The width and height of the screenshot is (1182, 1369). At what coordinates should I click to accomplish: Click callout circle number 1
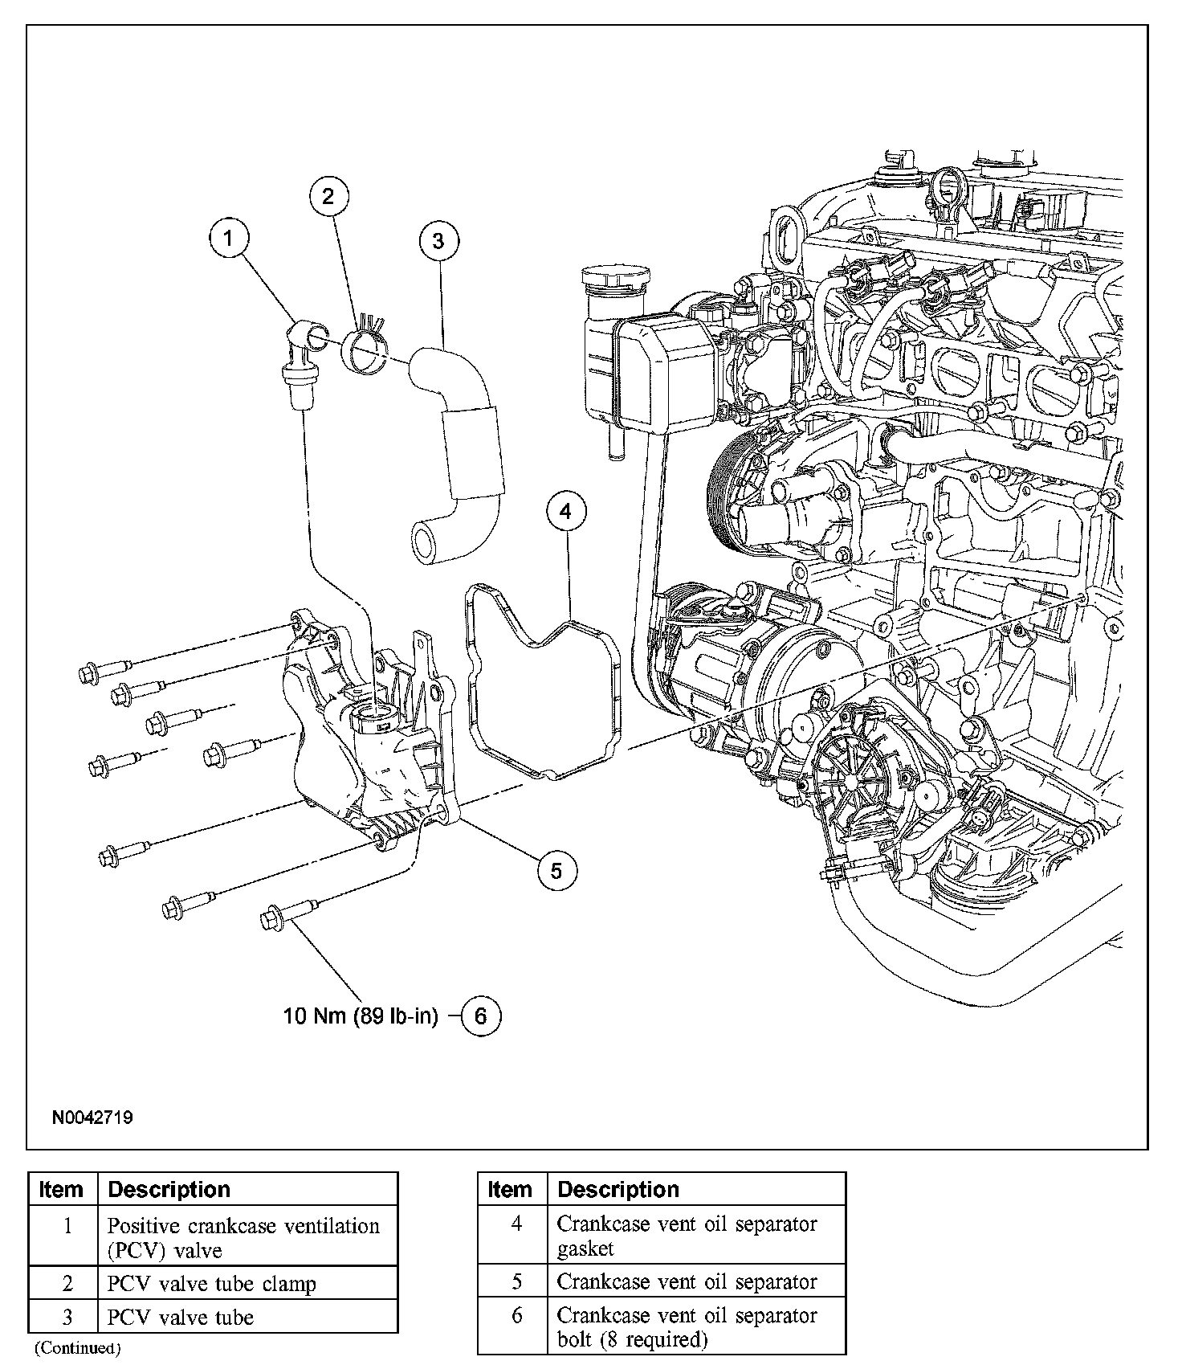pos(230,238)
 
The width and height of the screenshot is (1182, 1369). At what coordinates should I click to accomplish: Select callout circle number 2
pos(328,196)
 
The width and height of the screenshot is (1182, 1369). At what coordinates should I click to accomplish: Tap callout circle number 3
pos(438,241)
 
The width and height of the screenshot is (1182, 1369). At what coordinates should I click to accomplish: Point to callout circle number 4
pos(566,511)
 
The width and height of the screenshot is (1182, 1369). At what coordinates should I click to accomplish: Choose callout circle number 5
pos(556,869)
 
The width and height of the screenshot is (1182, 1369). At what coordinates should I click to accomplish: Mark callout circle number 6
pos(480,1016)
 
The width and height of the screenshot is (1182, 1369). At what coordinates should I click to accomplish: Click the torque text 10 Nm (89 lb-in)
pos(361,1016)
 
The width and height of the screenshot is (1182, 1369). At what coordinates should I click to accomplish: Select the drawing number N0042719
pos(93,1118)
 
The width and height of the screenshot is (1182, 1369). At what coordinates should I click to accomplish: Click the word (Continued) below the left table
pos(77,1347)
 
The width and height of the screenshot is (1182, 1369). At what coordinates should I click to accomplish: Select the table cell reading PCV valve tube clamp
pos(212,1284)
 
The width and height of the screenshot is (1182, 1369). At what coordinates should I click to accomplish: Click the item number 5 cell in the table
pos(517,1281)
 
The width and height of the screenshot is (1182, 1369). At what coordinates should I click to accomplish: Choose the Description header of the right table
pos(618,1189)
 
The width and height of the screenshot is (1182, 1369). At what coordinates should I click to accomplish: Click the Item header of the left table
pos(61,1189)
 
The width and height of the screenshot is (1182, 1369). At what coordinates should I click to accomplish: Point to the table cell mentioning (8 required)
pos(687,1327)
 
